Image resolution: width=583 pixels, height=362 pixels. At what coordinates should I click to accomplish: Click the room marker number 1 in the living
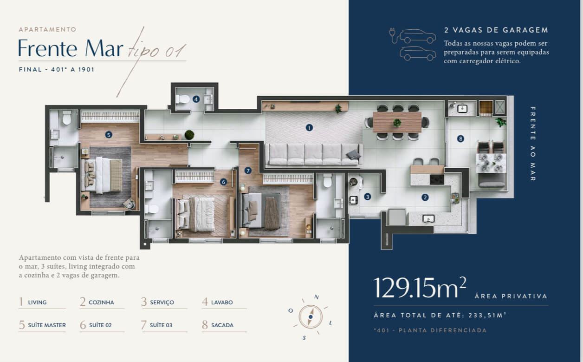[x=309, y=128]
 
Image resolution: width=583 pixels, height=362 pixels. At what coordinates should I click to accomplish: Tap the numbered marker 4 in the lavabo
[x=196, y=99]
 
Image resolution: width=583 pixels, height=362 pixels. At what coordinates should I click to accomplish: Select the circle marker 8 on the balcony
[x=460, y=138]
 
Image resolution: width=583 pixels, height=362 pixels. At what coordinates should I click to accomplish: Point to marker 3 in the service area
[x=368, y=197]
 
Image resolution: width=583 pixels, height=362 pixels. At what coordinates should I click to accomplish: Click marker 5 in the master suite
[x=109, y=135]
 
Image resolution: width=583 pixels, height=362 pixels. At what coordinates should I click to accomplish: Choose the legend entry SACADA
[x=222, y=325]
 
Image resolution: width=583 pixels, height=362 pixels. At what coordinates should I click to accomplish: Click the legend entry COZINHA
[x=101, y=303]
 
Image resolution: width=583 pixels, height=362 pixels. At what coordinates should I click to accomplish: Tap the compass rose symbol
[x=311, y=316]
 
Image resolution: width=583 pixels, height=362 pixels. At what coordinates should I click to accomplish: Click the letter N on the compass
[x=317, y=297]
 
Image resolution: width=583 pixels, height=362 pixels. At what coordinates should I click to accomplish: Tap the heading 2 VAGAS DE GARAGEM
[x=496, y=30]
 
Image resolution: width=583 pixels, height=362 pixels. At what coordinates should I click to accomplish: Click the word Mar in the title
[x=104, y=48]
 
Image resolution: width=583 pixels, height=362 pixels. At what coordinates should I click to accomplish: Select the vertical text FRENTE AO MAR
[x=533, y=144]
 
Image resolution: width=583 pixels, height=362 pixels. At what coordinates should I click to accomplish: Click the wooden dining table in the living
[x=397, y=122]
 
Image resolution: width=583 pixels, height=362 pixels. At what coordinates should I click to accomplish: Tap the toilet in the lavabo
[x=183, y=99]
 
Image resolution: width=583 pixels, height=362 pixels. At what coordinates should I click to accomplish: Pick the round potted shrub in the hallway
[x=189, y=135]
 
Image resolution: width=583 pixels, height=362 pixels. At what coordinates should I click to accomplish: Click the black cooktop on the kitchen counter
[x=437, y=179]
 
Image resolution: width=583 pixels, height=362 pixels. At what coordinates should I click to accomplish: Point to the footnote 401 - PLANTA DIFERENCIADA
[x=430, y=330]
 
